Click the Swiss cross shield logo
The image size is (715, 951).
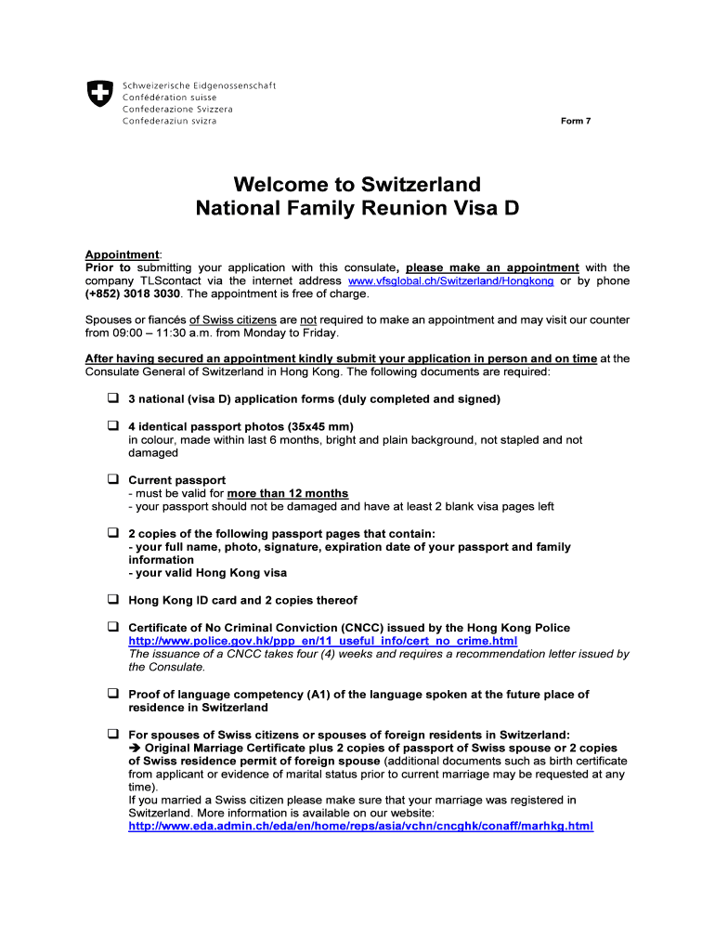pyautogui.click(x=99, y=93)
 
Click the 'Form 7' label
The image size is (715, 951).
pyautogui.click(x=576, y=121)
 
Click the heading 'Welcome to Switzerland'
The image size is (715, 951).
pyautogui.click(x=357, y=183)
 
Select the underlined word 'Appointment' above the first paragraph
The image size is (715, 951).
pyautogui.click(x=123, y=254)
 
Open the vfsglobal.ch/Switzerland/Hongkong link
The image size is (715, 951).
pyautogui.click(x=450, y=281)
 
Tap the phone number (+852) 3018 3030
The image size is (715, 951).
pyautogui.click(x=133, y=294)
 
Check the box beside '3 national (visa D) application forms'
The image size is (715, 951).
pyautogui.click(x=112, y=398)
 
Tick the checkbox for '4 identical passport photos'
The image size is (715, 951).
pyautogui.click(x=112, y=426)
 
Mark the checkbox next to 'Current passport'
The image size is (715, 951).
pyautogui.click(x=112, y=480)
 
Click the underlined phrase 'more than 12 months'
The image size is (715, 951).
pyautogui.click(x=288, y=494)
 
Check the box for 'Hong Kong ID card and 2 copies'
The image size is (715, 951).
pyautogui.click(x=112, y=600)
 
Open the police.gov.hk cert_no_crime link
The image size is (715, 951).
pyautogui.click(x=322, y=642)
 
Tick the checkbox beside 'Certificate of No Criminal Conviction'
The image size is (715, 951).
pyautogui.click(x=112, y=628)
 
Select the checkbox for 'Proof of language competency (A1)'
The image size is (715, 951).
pyautogui.click(x=112, y=694)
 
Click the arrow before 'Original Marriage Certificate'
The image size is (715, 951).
pyautogui.click(x=135, y=748)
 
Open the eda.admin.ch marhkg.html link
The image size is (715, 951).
pyautogui.click(x=360, y=827)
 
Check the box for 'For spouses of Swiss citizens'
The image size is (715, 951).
pyautogui.click(x=112, y=734)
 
